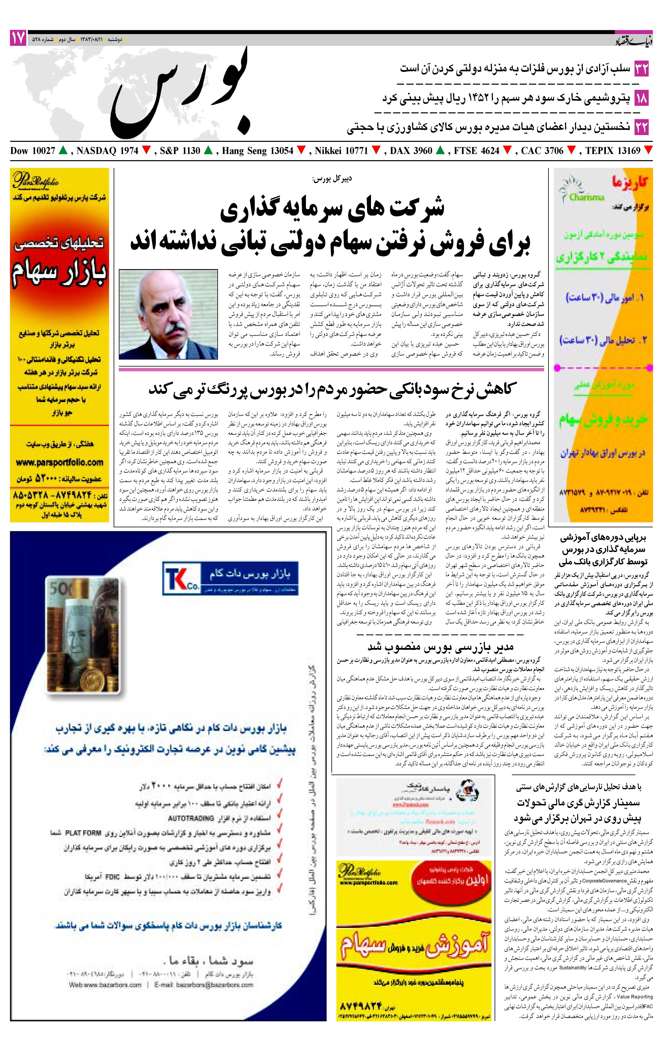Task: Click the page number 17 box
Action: point(18,38)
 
